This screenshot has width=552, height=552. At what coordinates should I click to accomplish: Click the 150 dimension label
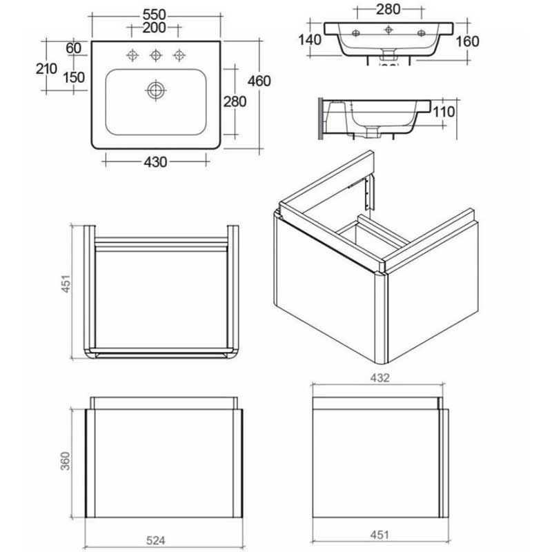(x=73, y=77)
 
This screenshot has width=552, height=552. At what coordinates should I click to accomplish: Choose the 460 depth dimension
(x=259, y=81)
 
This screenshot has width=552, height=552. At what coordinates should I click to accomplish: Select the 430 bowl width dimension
(x=155, y=162)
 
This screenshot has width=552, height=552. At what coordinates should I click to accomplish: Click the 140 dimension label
(x=310, y=39)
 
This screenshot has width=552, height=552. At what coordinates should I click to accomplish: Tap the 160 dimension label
(x=467, y=41)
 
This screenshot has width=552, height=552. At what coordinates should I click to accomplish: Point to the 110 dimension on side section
(x=445, y=112)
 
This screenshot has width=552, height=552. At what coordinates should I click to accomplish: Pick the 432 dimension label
(x=380, y=377)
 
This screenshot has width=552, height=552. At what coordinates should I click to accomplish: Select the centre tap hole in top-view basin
(x=157, y=54)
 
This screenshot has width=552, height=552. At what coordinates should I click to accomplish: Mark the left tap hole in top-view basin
(x=131, y=54)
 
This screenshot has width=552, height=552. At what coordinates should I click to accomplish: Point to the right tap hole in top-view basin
(x=181, y=54)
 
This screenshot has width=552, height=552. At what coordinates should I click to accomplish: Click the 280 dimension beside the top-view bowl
(x=235, y=101)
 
